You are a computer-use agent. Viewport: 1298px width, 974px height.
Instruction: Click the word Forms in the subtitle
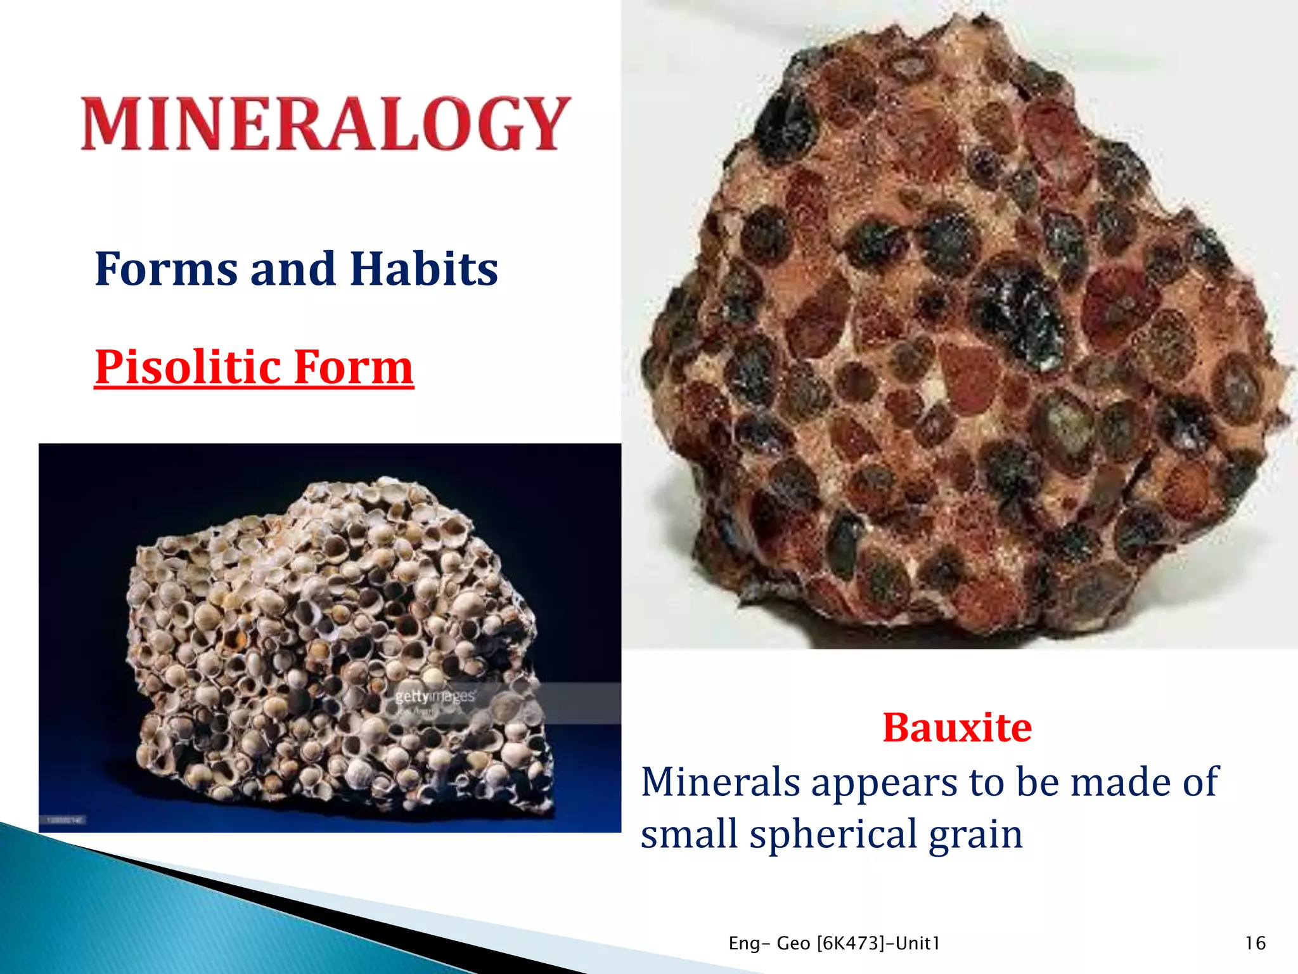(x=166, y=269)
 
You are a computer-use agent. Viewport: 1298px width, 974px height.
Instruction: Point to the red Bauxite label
(x=957, y=727)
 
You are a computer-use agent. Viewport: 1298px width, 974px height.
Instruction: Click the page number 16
(x=1255, y=943)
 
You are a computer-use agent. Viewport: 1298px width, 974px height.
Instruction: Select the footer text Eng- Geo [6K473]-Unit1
(x=834, y=943)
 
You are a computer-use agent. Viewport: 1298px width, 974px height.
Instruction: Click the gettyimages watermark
(x=435, y=697)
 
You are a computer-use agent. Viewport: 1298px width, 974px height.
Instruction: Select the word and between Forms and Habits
(x=292, y=269)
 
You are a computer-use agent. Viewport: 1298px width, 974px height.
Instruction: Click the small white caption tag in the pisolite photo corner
(x=66, y=820)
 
